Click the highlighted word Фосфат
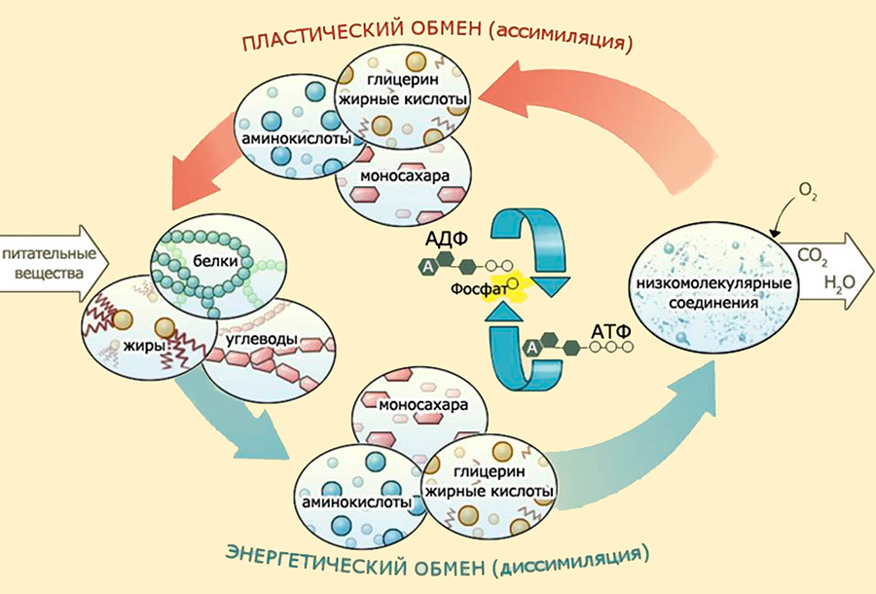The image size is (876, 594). (x=477, y=289)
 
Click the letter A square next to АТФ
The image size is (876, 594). (x=531, y=348)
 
